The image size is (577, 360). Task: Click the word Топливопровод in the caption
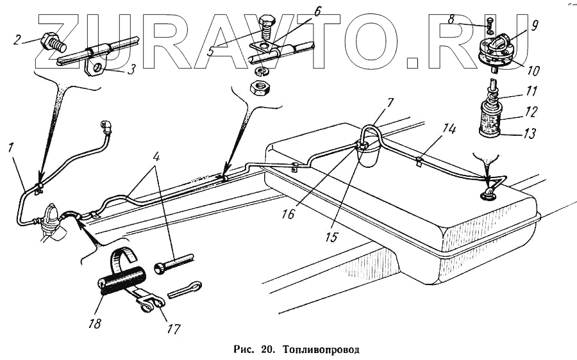[322, 350]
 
